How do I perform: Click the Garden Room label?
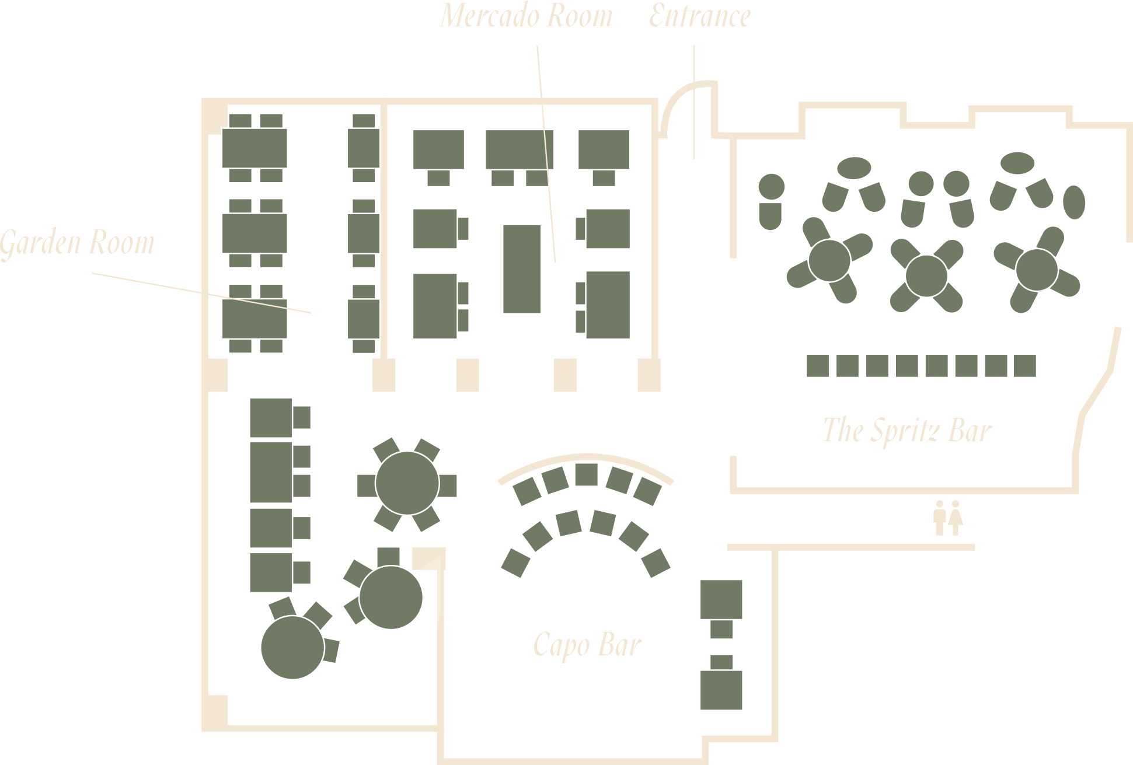click(77, 243)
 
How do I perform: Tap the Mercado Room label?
click(527, 16)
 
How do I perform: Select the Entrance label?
click(700, 16)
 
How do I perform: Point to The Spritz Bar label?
click(908, 431)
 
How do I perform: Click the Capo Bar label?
click(587, 645)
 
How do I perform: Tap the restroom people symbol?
click(947, 518)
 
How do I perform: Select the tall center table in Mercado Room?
click(522, 269)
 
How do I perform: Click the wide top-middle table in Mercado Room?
click(520, 149)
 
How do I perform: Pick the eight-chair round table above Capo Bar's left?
click(407, 483)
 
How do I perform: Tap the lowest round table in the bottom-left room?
click(292, 647)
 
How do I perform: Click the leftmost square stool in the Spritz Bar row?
click(818, 366)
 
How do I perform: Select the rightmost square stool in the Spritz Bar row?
click(1025, 366)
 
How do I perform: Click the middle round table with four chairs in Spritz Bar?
click(926, 276)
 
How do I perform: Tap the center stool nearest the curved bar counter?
click(587, 474)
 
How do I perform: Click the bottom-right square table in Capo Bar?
click(721, 690)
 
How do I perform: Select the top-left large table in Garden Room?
click(255, 148)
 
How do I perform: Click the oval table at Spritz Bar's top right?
click(1017, 163)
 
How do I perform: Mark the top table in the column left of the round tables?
click(271, 418)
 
